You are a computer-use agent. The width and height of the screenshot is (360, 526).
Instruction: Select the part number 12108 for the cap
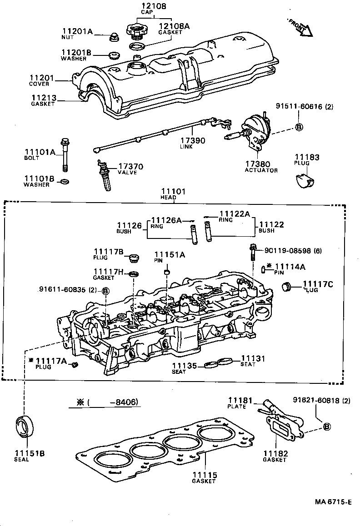[140, 6]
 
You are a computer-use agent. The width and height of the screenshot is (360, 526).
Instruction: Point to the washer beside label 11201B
[113, 56]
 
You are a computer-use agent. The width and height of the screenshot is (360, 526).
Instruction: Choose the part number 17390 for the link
[193, 141]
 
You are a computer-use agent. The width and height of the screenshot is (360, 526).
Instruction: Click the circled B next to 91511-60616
[299, 127]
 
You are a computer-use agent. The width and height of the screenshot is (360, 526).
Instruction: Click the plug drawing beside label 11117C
[286, 288]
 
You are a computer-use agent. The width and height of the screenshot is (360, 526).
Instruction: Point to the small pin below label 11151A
[167, 273]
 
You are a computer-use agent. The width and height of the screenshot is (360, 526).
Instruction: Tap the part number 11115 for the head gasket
[204, 475]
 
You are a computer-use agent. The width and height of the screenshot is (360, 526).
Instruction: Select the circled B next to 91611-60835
[105, 291]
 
